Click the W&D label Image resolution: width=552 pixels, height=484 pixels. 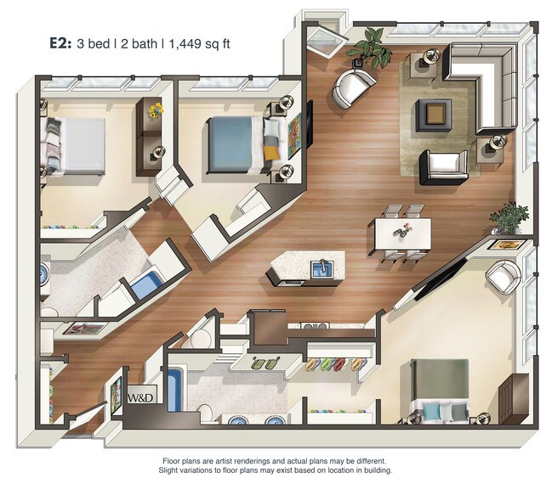click(139, 397)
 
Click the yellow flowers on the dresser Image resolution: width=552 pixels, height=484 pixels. click(154, 111)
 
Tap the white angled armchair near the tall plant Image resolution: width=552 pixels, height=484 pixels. click(353, 87)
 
